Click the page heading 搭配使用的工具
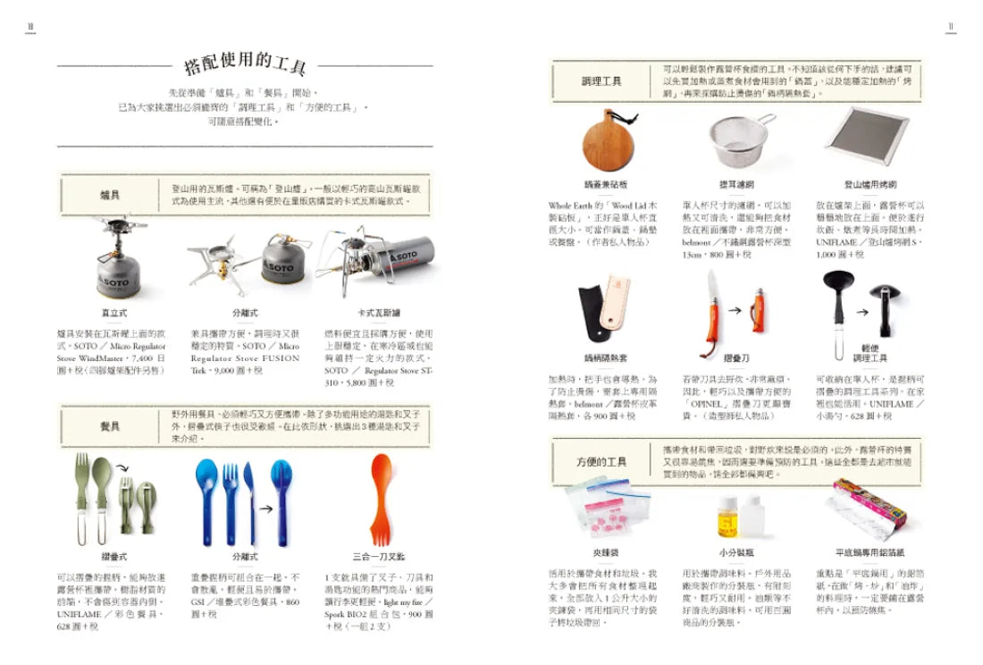click(244, 65)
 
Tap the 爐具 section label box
click(111, 194)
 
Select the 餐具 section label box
click(111, 425)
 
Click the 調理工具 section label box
click(601, 81)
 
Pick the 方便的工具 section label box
click(601, 461)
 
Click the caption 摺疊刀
click(735, 358)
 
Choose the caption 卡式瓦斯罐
click(379, 314)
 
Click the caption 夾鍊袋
click(605, 553)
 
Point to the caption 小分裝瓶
click(736, 553)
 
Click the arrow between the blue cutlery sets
click(266, 510)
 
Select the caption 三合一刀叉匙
click(379, 556)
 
